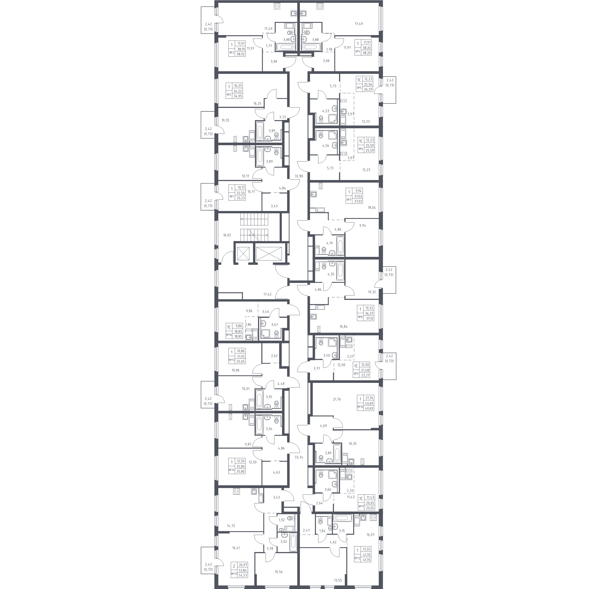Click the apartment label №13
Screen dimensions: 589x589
[x=234, y=574]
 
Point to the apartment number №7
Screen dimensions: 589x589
[x=349, y=200]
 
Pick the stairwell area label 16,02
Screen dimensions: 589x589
[x=227, y=235]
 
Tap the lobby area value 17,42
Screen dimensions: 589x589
[x=267, y=294]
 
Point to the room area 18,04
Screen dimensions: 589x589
[x=372, y=208]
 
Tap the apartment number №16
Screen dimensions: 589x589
[x=229, y=335]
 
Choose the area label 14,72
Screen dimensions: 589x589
[x=231, y=525]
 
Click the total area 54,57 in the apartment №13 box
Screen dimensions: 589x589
[x=243, y=575]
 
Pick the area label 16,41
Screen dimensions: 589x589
[x=236, y=548]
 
